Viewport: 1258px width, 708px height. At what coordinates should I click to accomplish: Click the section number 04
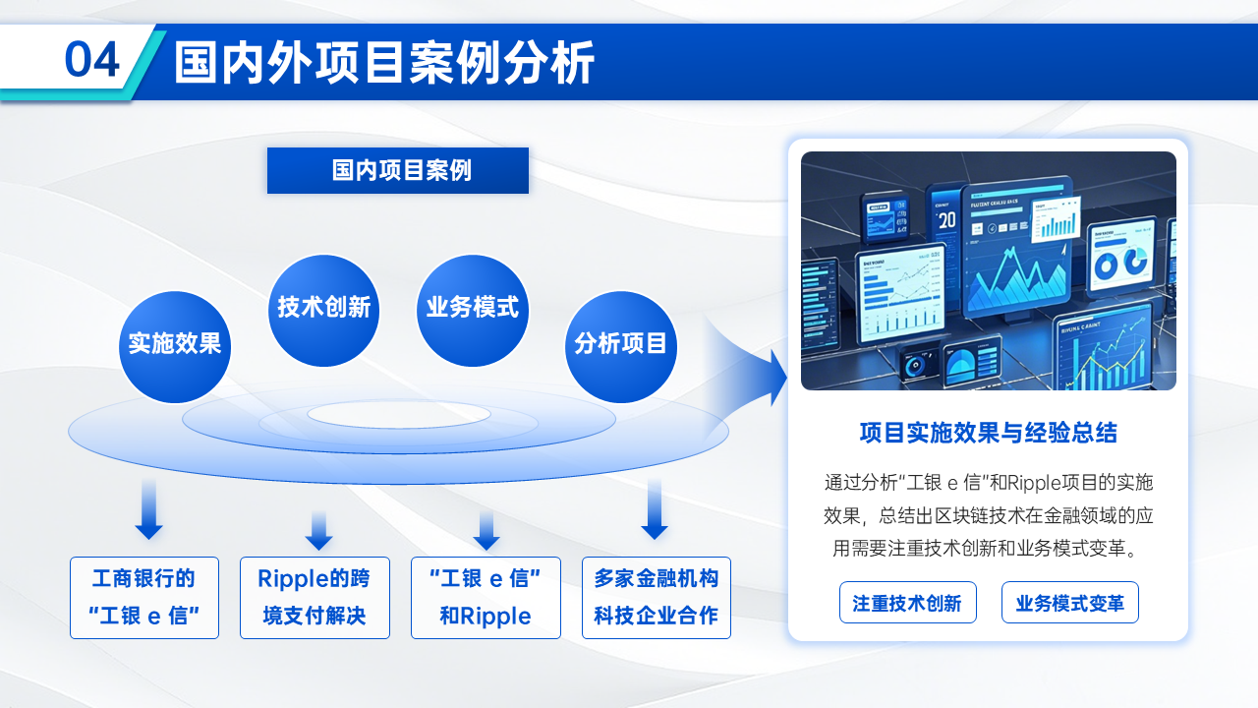92,61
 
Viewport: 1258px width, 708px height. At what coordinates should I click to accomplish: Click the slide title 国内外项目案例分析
384,63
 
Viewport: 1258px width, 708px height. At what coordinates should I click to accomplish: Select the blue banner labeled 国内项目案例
398,170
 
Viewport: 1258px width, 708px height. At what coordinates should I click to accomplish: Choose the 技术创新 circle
323,309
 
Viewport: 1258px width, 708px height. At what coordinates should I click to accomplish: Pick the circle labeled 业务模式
473,309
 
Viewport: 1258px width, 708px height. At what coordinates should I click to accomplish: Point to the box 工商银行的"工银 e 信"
144,598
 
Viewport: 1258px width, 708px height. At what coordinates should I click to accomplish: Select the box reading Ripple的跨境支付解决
314,598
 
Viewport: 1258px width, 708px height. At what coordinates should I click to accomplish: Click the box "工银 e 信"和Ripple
486,598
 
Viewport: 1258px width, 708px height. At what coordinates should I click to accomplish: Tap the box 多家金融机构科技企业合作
657,598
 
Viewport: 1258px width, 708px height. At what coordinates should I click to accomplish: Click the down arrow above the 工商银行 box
148,510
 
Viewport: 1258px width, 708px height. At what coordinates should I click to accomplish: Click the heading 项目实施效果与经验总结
988,433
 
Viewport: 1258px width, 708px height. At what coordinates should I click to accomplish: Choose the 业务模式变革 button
1069,603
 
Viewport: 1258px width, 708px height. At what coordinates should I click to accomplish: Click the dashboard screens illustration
988,270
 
